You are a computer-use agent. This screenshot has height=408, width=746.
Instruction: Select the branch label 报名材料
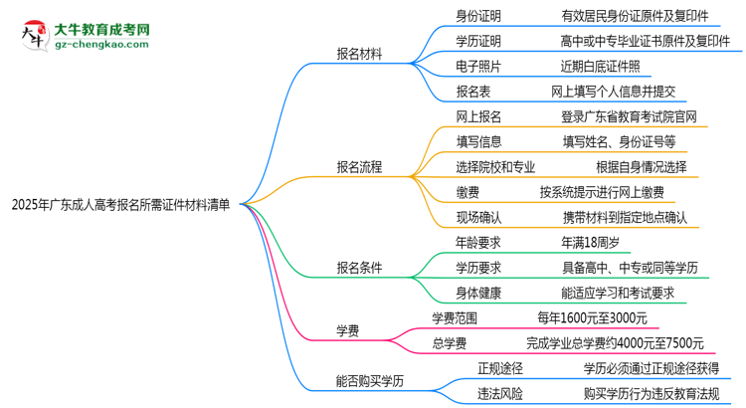click(363, 54)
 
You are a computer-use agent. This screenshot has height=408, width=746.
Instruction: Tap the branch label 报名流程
click(363, 165)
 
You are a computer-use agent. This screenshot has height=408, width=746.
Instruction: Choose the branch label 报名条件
click(363, 267)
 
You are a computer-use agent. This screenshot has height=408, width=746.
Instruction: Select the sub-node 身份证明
click(478, 16)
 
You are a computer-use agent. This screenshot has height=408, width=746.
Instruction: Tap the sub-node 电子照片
click(478, 66)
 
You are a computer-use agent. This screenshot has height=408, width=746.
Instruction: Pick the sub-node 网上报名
click(478, 115)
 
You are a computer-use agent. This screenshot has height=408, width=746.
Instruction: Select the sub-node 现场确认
click(478, 216)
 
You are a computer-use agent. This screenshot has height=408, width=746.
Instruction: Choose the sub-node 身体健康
click(478, 292)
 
